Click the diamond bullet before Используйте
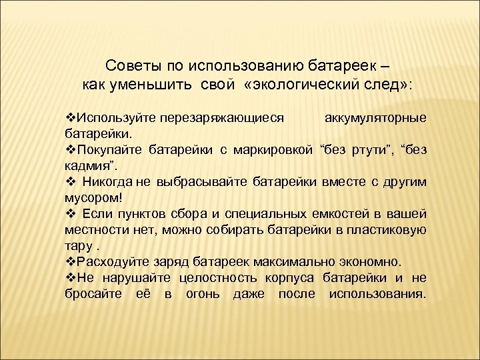click(71, 118)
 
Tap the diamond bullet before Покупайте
click(71, 149)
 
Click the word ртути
click(361, 149)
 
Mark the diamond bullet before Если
click(71, 213)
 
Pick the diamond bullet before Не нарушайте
click(71, 277)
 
